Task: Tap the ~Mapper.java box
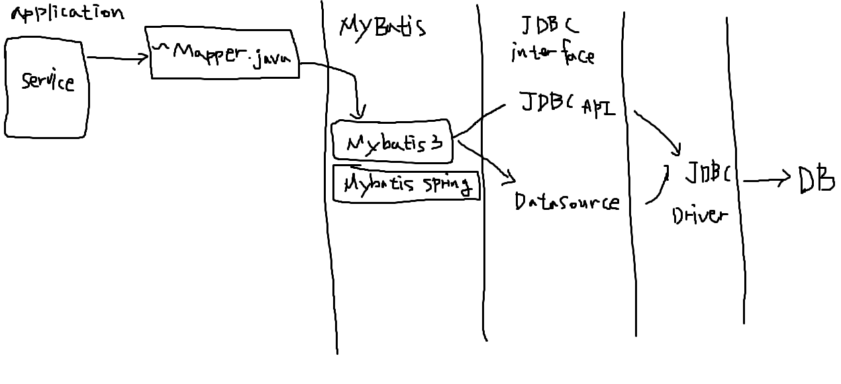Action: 223,54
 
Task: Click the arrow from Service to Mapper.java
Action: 117,58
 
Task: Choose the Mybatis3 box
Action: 393,140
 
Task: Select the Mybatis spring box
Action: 405,183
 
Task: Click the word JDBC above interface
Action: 549,25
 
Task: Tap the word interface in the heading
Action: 552,54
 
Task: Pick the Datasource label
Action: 567,201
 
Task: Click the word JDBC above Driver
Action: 707,173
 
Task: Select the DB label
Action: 815,178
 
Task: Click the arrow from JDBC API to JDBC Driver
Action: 659,131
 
